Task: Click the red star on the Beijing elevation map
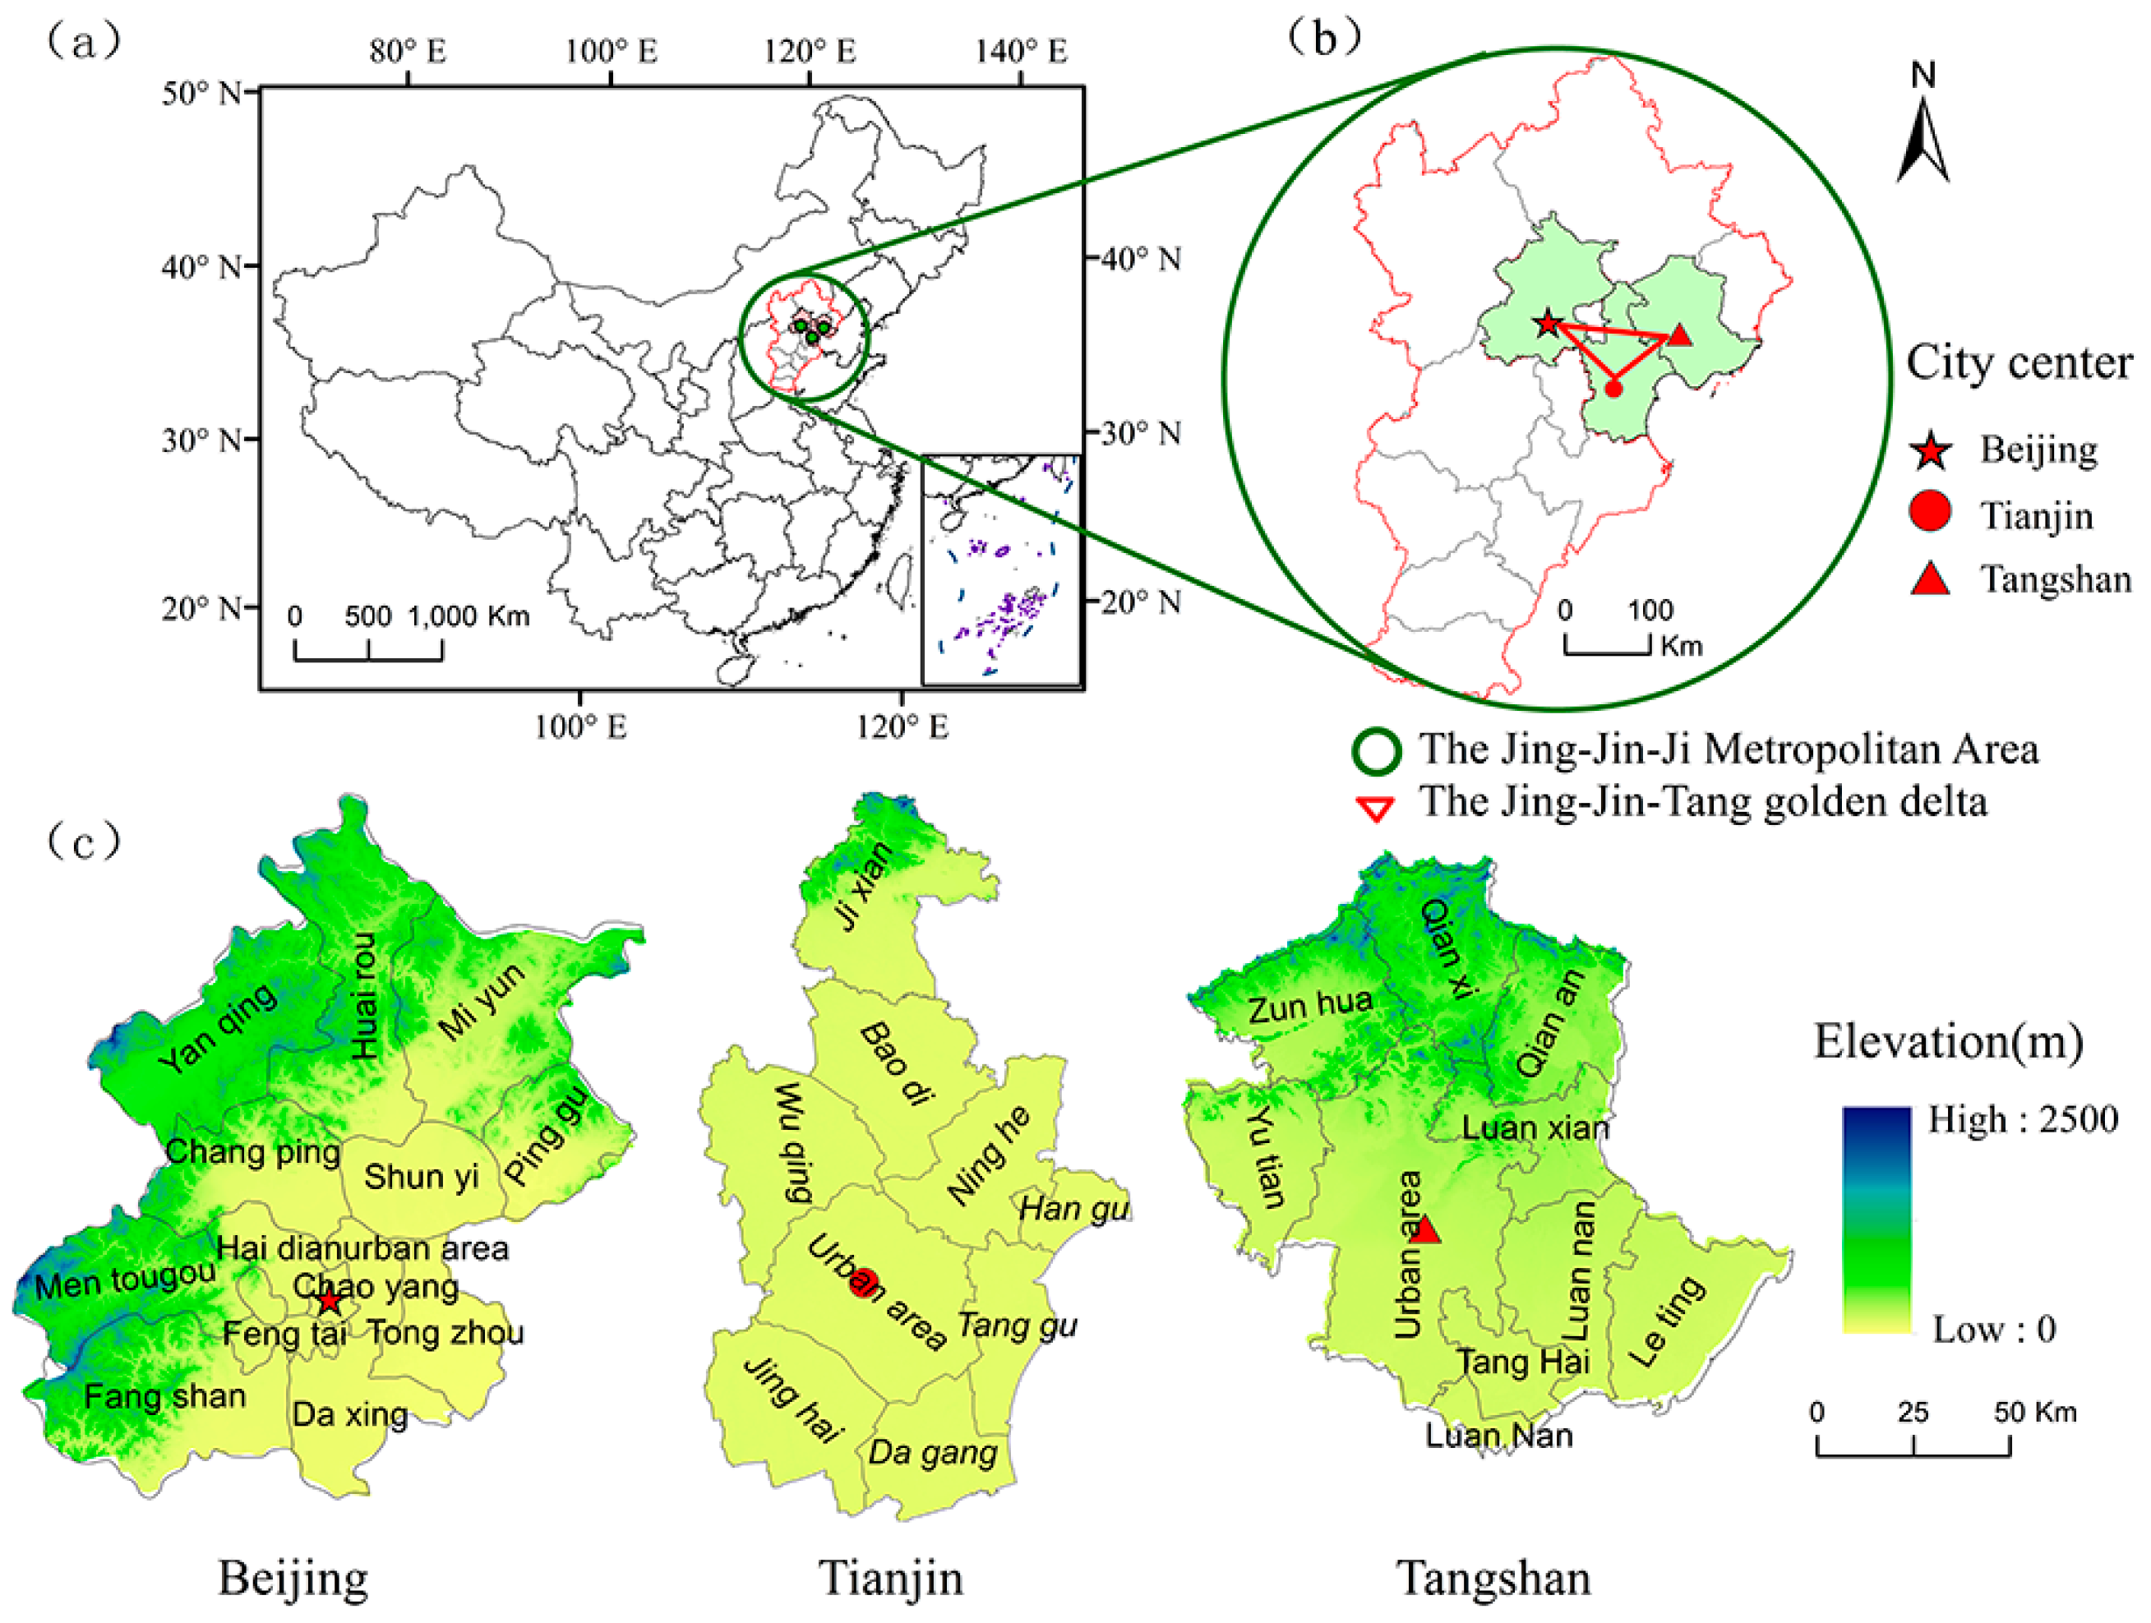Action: [x=330, y=1301]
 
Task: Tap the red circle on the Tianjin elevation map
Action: [x=864, y=1283]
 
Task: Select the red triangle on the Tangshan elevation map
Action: [x=1424, y=1230]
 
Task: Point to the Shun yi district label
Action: [x=421, y=1177]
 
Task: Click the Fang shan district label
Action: [x=164, y=1396]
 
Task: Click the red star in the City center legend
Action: [x=1930, y=451]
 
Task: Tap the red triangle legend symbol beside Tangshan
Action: [x=1930, y=579]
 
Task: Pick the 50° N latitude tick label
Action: [x=201, y=94]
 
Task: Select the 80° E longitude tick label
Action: [x=408, y=52]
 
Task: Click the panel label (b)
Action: [x=1323, y=37]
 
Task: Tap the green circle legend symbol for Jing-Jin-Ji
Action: [x=1377, y=751]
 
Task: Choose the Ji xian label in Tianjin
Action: [x=864, y=887]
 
